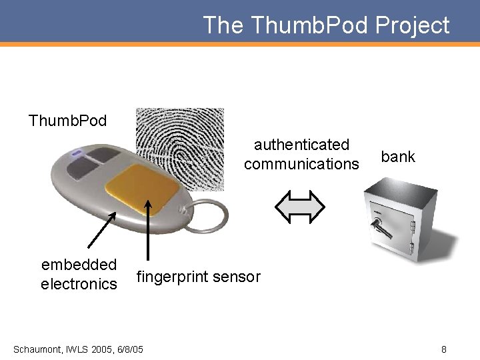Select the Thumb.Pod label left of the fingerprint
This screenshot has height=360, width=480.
(67, 121)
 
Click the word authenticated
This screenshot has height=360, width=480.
(301, 145)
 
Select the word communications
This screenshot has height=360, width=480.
(301, 164)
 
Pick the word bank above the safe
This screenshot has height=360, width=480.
(398, 157)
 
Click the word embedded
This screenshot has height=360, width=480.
(79, 265)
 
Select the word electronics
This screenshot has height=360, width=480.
(79, 284)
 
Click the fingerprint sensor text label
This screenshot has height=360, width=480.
(198, 277)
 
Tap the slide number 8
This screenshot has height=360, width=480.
(443, 349)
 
